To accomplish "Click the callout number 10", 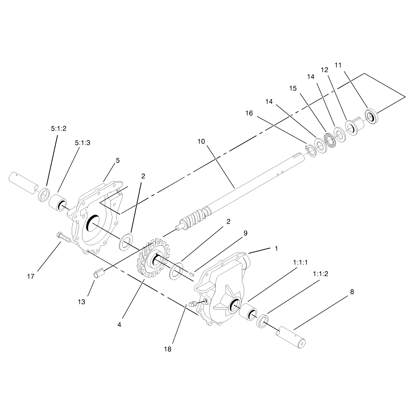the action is [x=201, y=142].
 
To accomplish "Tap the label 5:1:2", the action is [x=58, y=128].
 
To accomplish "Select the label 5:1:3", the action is [x=82, y=143].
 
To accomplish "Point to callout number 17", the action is [x=31, y=276].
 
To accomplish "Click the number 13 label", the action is [x=82, y=302].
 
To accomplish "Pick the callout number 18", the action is [x=167, y=349].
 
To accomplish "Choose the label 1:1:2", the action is [x=320, y=274].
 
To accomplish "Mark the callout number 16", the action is [x=249, y=113].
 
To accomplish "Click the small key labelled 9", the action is [x=192, y=274].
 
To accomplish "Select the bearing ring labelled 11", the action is [x=372, y=116].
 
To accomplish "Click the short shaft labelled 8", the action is [x=290, y=337].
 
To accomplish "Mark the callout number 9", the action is [x=245, y=233].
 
